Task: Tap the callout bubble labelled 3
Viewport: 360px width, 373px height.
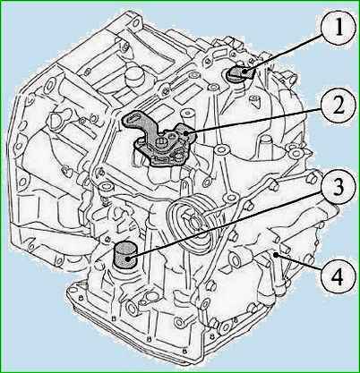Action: click(339, 188)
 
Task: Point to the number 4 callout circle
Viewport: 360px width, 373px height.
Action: click(339, 277)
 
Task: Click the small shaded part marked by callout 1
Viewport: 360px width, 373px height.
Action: click(240, 73)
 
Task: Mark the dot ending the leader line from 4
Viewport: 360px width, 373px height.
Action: click(277, 255)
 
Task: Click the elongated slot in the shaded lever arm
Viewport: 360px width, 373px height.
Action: click(133, 118)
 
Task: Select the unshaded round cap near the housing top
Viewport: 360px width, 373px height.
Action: click(135, 74)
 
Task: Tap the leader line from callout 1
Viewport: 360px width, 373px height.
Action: click(284, 52)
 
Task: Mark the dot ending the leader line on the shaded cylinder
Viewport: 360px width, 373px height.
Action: click(128, 259)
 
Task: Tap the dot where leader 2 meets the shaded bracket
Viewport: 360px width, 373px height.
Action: click(186, 133)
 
